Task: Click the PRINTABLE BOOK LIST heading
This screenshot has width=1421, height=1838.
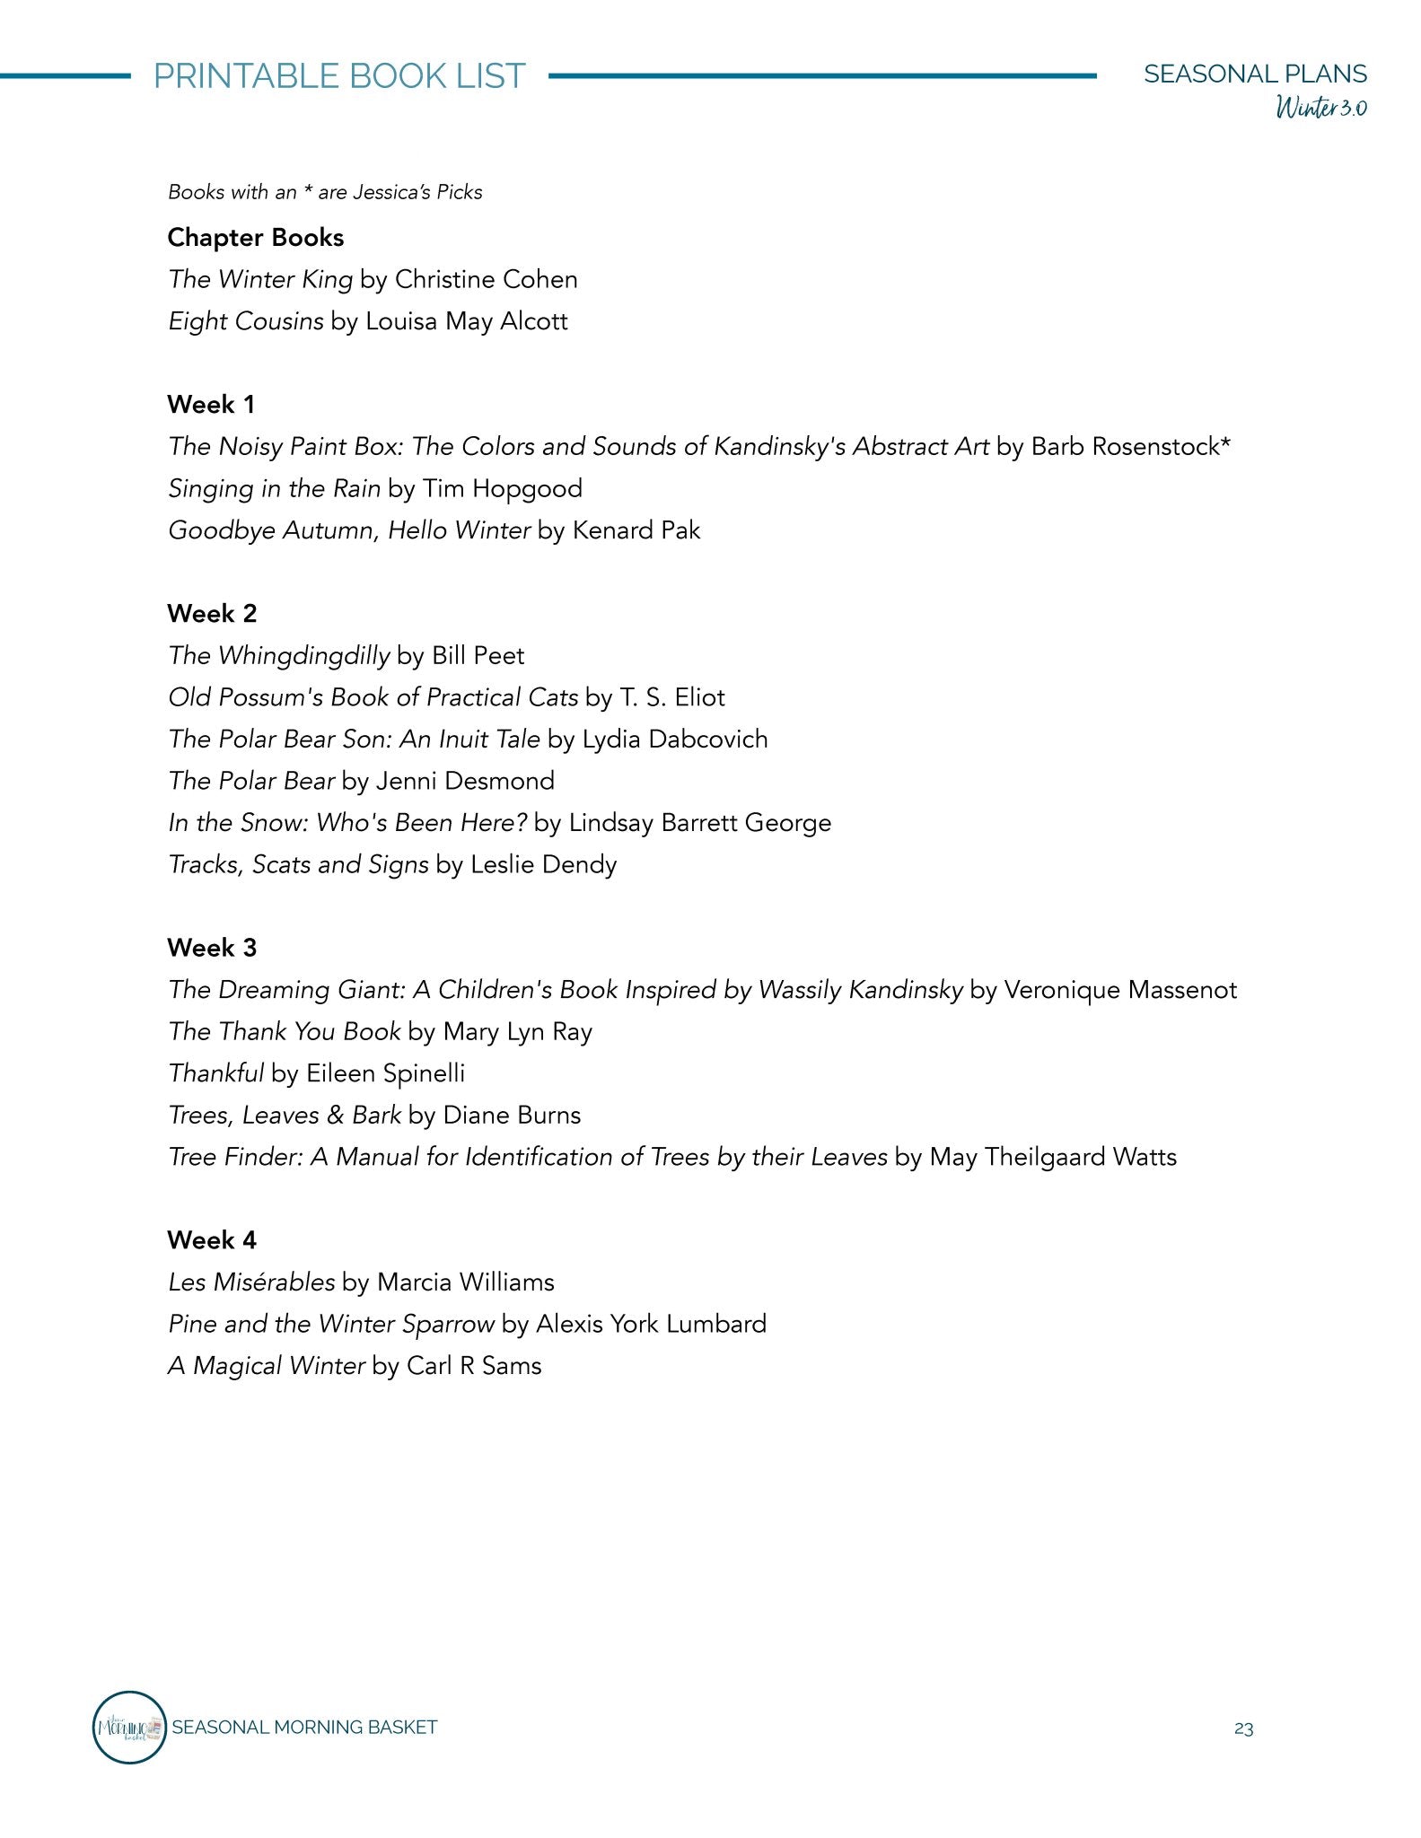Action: point(339,76)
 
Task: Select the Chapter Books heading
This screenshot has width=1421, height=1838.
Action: point(256,238)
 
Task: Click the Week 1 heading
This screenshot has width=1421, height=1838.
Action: point(211,405)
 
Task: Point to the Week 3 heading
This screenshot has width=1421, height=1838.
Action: point(212,948)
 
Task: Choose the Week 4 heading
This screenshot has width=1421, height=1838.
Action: point(212,1240)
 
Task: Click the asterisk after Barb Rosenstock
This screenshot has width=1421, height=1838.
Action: point(1225,443)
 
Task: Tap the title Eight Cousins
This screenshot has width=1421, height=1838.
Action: point(246,321)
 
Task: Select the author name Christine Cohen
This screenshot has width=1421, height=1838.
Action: point(486,280)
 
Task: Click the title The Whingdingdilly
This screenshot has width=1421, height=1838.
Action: point(279,656)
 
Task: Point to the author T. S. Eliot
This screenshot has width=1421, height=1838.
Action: point(671,697)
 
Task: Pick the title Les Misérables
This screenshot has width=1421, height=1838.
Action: point(251,1282)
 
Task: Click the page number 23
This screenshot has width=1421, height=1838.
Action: point(1243,1729)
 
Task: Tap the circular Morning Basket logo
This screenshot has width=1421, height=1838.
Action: point(130,1727)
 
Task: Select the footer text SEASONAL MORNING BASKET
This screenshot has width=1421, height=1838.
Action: point(304,1728)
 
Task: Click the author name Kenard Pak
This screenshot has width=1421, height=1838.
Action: point(636,530)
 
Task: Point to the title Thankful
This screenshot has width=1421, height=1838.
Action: point(216,1073)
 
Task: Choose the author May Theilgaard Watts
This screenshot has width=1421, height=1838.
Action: point(1053,1157)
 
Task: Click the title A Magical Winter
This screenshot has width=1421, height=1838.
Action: point(267,1366)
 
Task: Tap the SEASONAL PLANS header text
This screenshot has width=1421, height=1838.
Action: point(1255,74)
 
